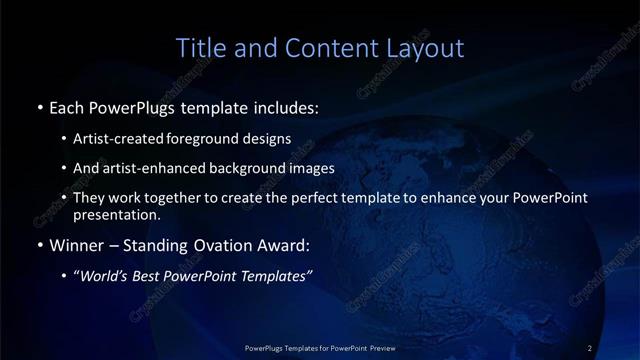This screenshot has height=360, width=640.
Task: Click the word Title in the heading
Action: point(199,47)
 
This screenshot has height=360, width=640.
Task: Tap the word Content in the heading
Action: point(319,47)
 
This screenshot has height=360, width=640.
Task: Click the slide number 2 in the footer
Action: point(590,347)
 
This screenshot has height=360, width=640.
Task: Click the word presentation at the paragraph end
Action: point(116,214)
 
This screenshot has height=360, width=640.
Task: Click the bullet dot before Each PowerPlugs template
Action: point(38,106)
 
